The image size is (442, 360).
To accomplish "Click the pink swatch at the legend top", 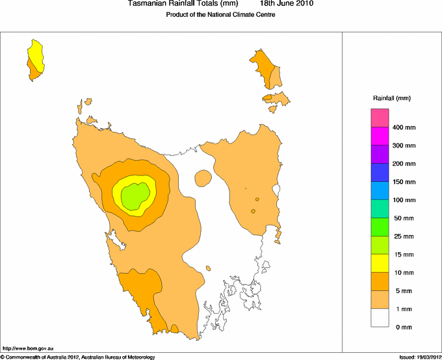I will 380,118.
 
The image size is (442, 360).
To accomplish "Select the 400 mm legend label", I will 404,127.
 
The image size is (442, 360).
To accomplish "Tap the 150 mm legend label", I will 404,182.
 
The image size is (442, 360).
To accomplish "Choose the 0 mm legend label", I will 404,328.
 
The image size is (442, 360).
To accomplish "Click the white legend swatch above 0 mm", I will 380,318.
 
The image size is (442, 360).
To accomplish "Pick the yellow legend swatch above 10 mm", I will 380,263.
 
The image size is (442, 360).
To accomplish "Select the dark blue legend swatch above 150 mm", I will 380,172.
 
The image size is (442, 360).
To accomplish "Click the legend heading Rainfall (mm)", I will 392,98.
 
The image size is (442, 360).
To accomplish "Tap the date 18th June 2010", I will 287,4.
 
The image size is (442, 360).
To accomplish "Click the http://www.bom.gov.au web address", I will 28,349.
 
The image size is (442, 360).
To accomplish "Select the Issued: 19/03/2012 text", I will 419,357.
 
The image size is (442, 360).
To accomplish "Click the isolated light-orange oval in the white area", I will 203,178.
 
